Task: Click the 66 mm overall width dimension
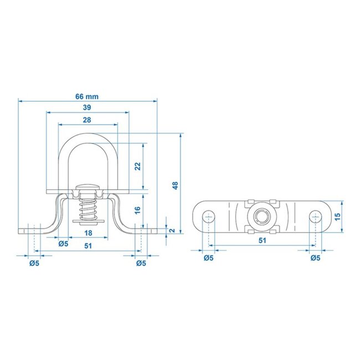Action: click(x=87, y=96)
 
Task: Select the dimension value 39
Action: click(x=87, y=108)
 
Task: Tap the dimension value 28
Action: click(x=87, y=120)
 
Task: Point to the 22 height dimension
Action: click(x=137, y=166)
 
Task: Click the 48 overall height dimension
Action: click(x=175, y=186)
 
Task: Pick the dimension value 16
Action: click(x=137, y=209)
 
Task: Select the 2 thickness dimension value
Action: click(x=172, y=230)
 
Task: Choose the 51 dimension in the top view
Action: click(x=262, y=240)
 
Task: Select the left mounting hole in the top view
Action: click(x=209, y=215)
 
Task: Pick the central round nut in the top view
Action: click(x=262, y=214)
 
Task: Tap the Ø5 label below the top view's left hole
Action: click(x=209, y=258)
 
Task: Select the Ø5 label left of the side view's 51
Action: click(x=63, y=243)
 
